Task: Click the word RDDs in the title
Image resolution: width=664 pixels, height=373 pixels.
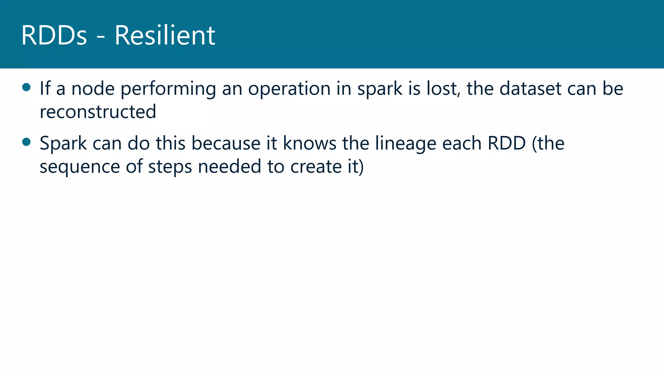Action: (54, 35)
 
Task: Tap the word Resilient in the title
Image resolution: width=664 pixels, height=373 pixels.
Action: (165, 35)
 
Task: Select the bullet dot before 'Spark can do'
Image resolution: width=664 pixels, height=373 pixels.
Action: (26, 142)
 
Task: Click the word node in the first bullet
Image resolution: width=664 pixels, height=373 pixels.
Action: (93, 89)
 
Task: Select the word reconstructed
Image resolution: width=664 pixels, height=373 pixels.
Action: (98, 112)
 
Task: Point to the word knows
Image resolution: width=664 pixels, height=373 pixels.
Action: (310, 143)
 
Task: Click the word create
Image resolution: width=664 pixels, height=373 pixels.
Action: (316, 167)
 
